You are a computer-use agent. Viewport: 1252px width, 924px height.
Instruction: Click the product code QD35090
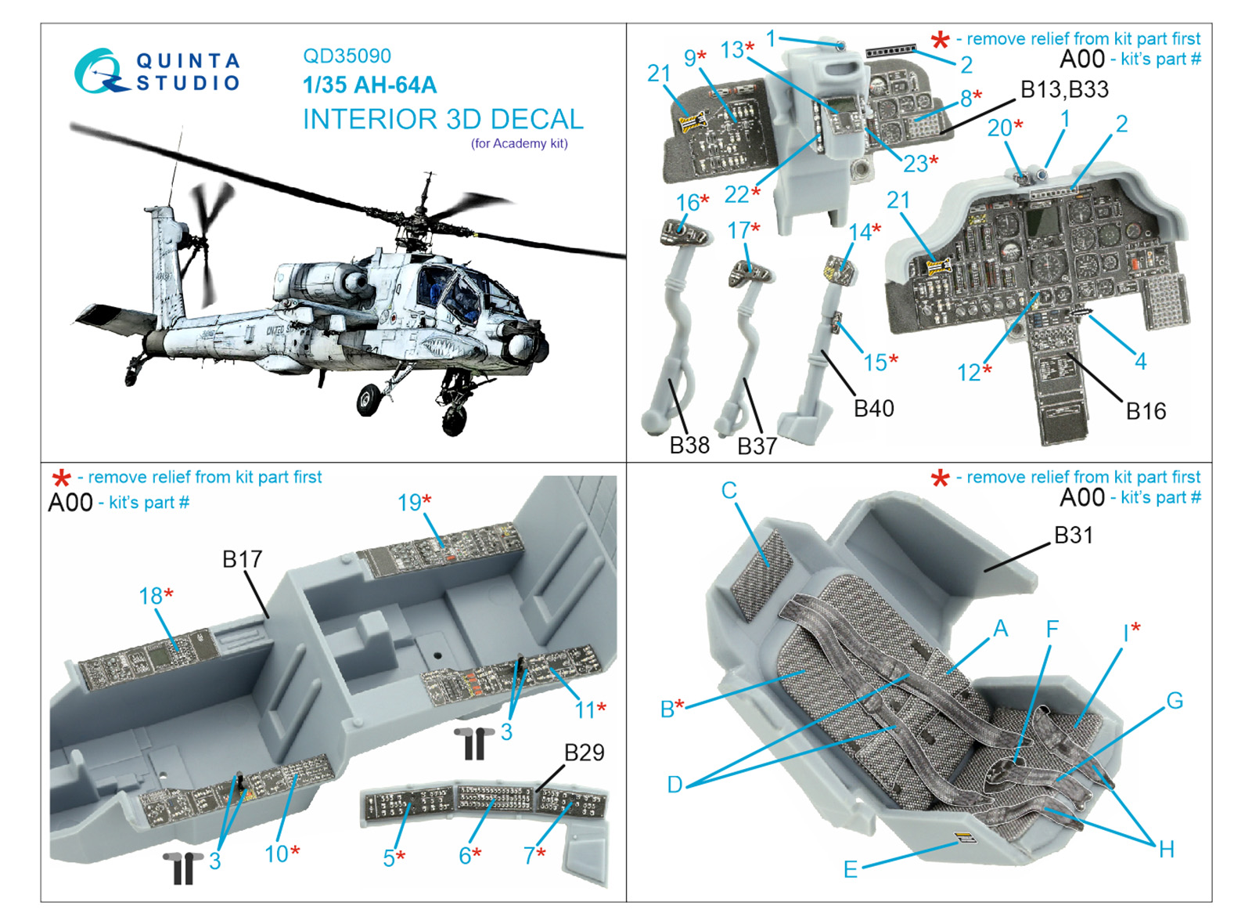click(x=347, y=56)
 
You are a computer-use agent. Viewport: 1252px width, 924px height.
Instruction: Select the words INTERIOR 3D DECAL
click(x=443, y=119)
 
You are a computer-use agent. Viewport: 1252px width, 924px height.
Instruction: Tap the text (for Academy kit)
click(x=520, y=144)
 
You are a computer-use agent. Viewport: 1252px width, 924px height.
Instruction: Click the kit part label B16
click(x=1146, y=411)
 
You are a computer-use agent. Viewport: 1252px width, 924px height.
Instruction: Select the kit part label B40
click(x=873, y=408)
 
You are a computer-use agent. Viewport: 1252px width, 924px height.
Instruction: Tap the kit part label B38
click(x=689, y=446)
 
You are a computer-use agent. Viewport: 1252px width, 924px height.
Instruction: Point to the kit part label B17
click(x=242, y=559)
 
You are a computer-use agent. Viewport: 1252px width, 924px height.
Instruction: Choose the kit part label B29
click(x=584, y=753)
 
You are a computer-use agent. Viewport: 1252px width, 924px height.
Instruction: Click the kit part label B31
click(x=1073, y=536)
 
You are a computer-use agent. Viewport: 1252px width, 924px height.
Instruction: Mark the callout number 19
click(x=409, y=502)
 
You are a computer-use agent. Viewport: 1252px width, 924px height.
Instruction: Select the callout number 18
click(x=150, y=596)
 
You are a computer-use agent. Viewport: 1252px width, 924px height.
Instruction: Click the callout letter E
click(x=850, y=869)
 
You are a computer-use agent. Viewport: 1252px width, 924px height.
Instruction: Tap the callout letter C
click(x=729, y=490)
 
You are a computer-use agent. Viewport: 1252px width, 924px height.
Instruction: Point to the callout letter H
click(x=1167, y=850)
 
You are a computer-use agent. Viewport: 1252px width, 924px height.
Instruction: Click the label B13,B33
click(x=1064, y=89)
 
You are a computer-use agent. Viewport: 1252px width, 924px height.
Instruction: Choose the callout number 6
click(x=465, y=856)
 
